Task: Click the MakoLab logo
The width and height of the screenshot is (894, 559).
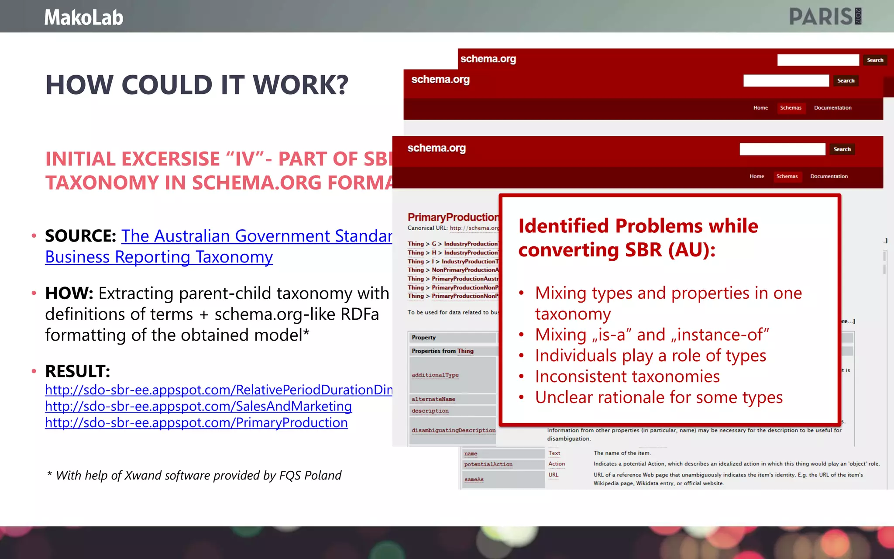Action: (x=84, y=17)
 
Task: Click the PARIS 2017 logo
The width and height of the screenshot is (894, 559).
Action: (x=825, y=17)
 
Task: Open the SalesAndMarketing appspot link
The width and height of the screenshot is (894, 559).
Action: (x=198, y=407)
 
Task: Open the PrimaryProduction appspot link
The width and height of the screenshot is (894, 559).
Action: (x=196, y=423)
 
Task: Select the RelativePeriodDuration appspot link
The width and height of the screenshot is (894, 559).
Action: (x=218, y=390)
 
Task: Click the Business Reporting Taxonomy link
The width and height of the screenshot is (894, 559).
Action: (x=159, y=257)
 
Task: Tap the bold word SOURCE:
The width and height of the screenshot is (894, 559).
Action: (x=80, y=236)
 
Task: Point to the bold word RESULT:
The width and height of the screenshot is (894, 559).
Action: (x=78, y=372)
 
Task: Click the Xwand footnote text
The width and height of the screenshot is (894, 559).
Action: (x=195, y=476)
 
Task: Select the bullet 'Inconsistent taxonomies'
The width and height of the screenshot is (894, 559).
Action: (x=627, y=377)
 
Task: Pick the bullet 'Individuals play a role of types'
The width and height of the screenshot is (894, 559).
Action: (x=650, y=356)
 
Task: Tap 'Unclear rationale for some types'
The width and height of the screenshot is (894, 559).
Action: (x=659, y=398)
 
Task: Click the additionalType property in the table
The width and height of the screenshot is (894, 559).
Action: (x=435, y=375)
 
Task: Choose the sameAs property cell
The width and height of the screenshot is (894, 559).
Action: (x=474, y=480)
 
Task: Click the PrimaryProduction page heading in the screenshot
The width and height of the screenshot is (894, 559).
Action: (x=453, y=217)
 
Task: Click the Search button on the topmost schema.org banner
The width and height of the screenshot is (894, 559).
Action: (x=875, y=60)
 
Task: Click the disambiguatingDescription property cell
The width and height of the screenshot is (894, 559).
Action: (x=454, y=431)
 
